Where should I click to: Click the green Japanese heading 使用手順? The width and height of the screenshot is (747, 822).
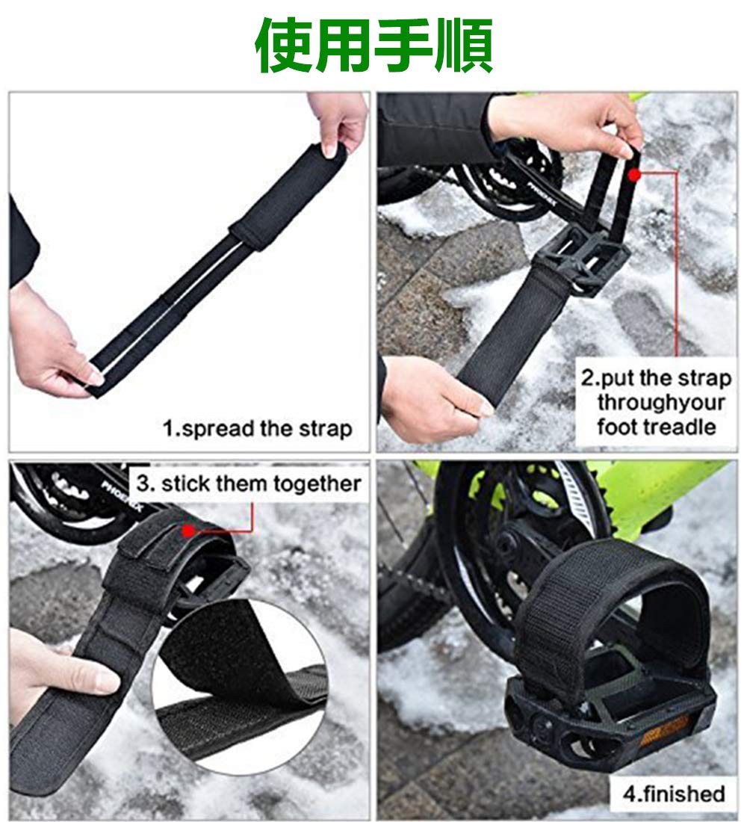[x=373, y=45]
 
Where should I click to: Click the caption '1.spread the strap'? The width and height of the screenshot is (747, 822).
[x=258, y=429]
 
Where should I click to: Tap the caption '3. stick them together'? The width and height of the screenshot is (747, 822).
[x=249, y=483]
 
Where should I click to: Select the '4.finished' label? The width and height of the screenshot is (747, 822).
[x=674, y=793]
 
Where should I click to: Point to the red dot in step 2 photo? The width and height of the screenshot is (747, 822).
[x=634, y=175]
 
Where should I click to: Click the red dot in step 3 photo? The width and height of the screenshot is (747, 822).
[x=188, y=531]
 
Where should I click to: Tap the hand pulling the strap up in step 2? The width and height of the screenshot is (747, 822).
[x=568, y=124]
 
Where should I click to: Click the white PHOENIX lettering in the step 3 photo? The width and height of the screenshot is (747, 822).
[x=122, y=495]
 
